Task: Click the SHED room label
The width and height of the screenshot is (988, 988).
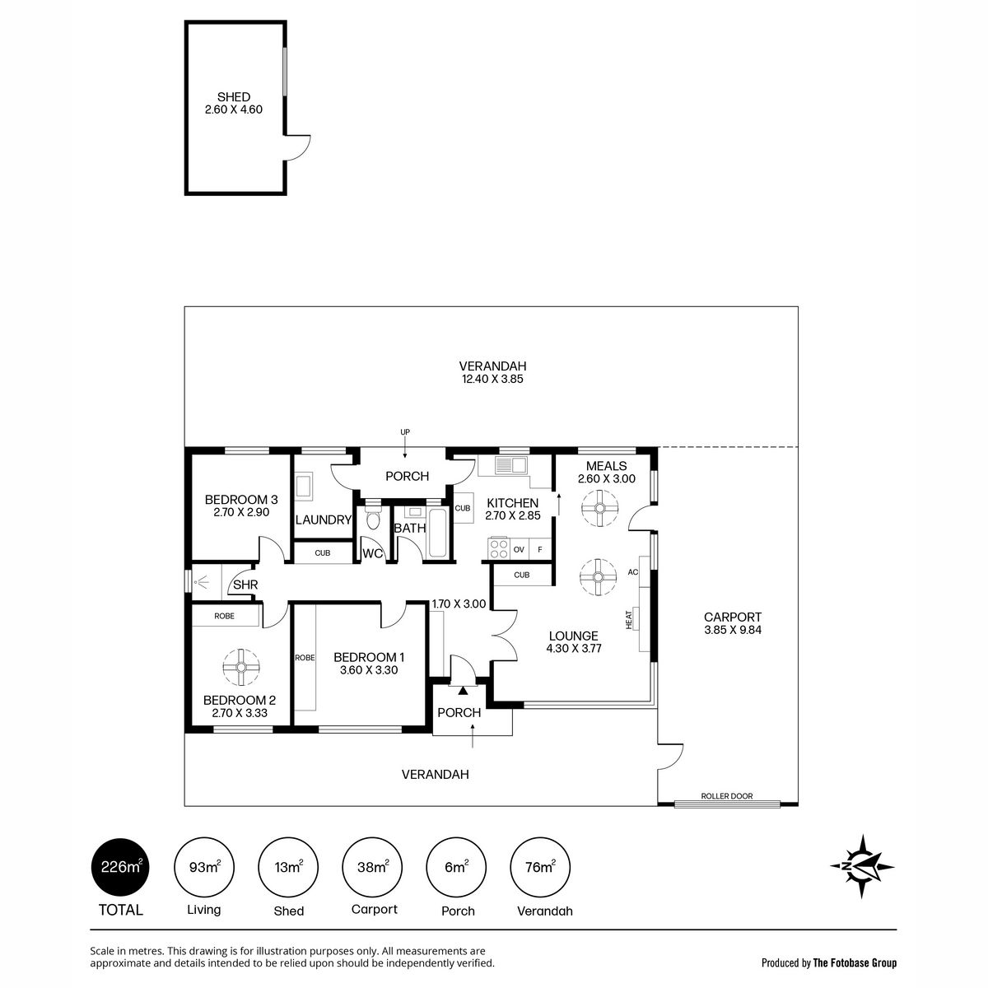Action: [234, 97]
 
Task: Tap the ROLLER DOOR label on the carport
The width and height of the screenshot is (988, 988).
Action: [726, 795]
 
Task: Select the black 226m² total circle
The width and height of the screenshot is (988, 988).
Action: [120, 868]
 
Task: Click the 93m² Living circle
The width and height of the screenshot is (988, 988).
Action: [204, 868]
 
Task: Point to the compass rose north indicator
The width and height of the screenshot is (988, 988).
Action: [862, 866]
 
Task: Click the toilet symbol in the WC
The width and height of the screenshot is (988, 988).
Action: [373, 519]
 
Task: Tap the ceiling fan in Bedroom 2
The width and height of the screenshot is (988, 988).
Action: [241, 667]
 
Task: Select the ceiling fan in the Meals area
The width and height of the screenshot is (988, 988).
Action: [599, 508]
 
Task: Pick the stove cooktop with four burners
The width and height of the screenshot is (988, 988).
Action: [498, 548]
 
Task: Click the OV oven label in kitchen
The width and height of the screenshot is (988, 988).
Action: [519, 550]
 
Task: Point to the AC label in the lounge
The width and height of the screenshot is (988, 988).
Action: [632, 571]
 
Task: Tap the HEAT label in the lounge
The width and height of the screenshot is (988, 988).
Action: [629, 619]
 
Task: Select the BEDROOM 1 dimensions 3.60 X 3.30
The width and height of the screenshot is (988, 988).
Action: [369, 669]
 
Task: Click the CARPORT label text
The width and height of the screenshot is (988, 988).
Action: [732, 617]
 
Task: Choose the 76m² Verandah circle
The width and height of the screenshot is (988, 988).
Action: [540, 868]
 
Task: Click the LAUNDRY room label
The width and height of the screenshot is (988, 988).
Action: [323, 520]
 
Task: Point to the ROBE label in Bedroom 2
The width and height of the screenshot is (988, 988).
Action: [224, 616]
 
